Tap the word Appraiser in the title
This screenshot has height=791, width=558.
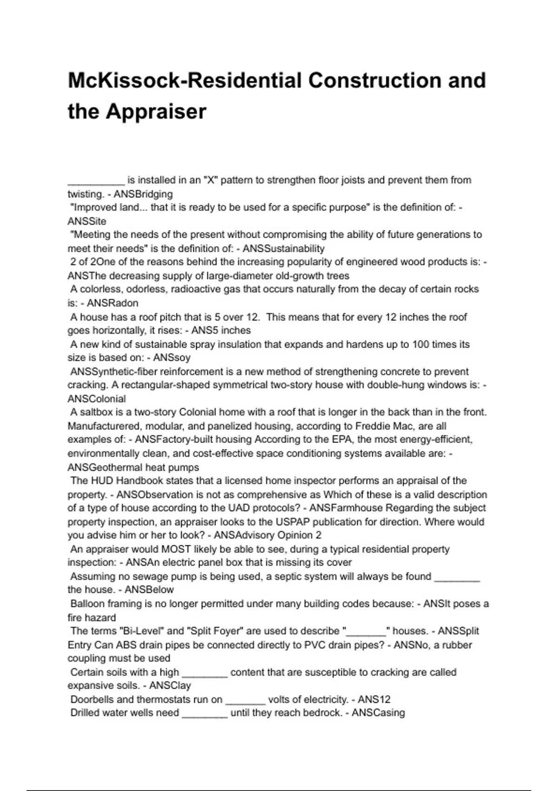156,112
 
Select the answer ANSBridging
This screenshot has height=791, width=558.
143,194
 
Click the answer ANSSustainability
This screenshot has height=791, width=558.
284,248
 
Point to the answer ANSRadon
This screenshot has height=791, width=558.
113,303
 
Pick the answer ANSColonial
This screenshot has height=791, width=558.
97,399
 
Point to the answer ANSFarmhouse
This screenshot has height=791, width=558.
346,508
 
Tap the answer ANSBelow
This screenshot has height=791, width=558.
149,590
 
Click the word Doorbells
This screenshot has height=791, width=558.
93,700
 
